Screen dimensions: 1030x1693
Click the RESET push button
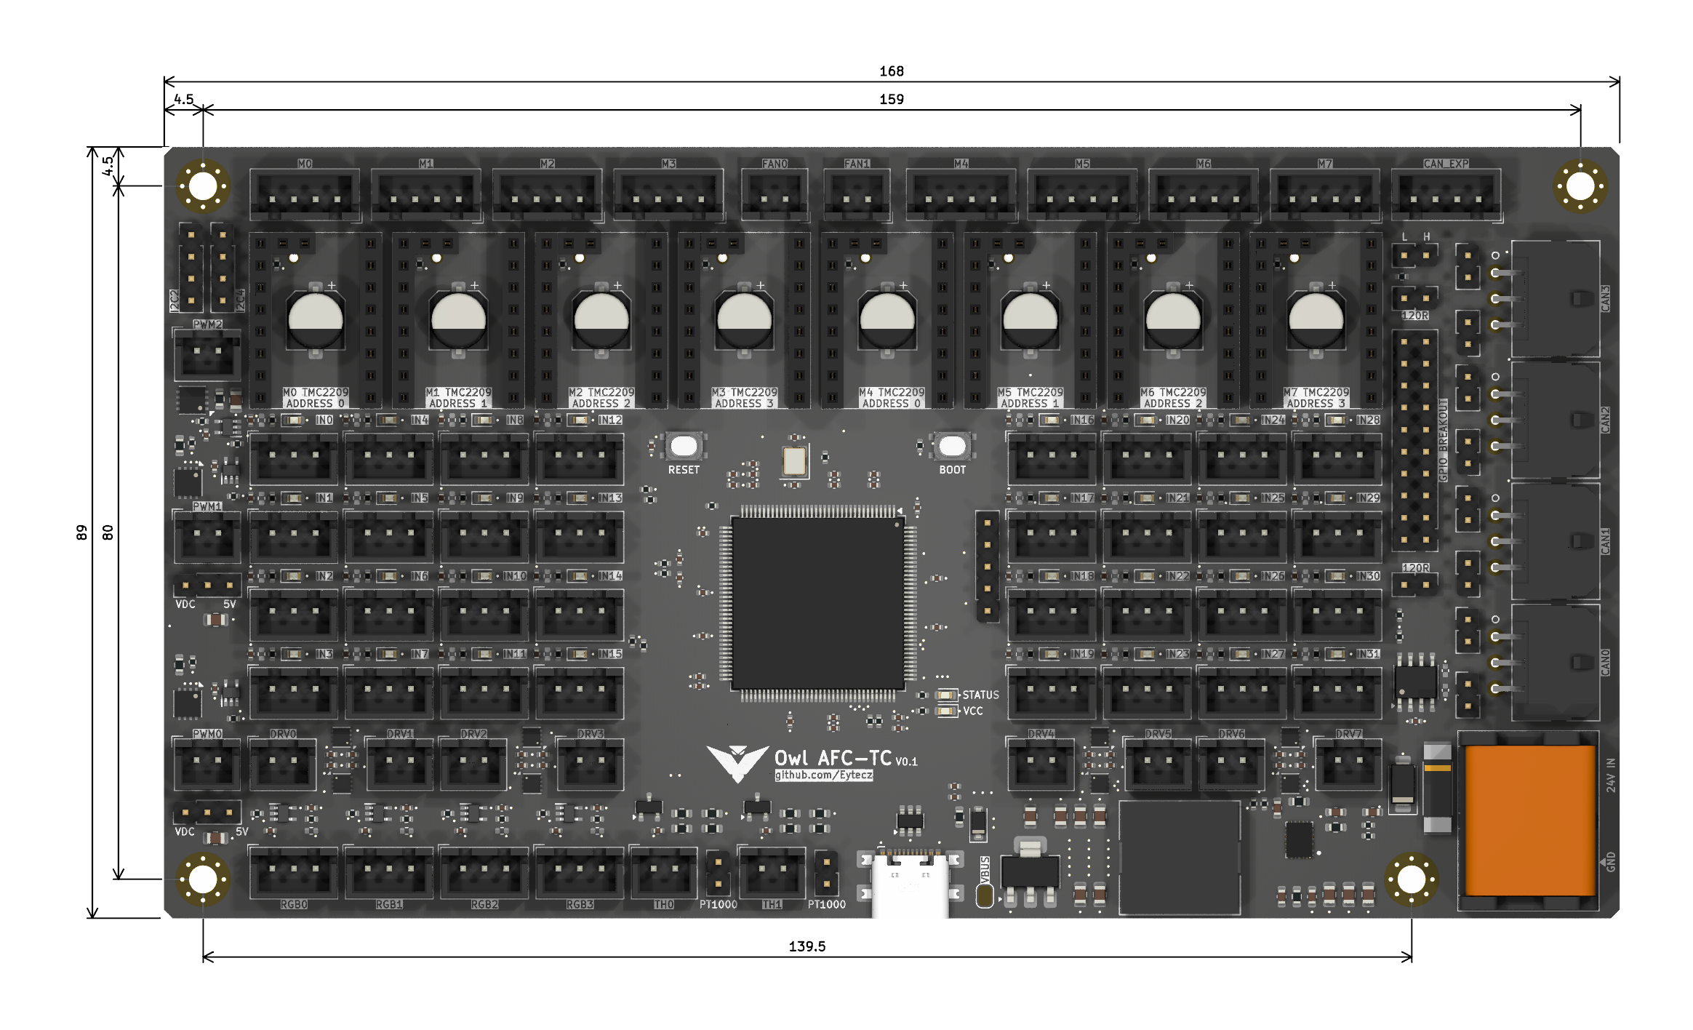point(684,446)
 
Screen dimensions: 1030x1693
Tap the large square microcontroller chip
point(818,603)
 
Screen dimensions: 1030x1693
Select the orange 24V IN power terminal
point(1529,820)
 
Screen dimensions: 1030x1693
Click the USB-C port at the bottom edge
point(910,885)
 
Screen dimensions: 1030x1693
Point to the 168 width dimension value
point(892,71)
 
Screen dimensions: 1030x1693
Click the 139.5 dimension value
point(807,946)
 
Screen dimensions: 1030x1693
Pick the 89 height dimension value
point(81,532)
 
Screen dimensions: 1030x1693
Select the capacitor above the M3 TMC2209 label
point(744,320)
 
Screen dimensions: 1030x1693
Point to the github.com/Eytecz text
point(823,775)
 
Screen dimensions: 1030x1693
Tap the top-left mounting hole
point(203,186)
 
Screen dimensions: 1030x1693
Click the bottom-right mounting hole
point(1412,879)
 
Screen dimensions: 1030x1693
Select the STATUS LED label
point(980,695)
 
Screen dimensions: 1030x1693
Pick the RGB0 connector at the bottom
point(294,872)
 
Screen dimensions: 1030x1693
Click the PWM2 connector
point(207,355)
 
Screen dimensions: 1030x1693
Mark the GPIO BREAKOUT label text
point(1444,440)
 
